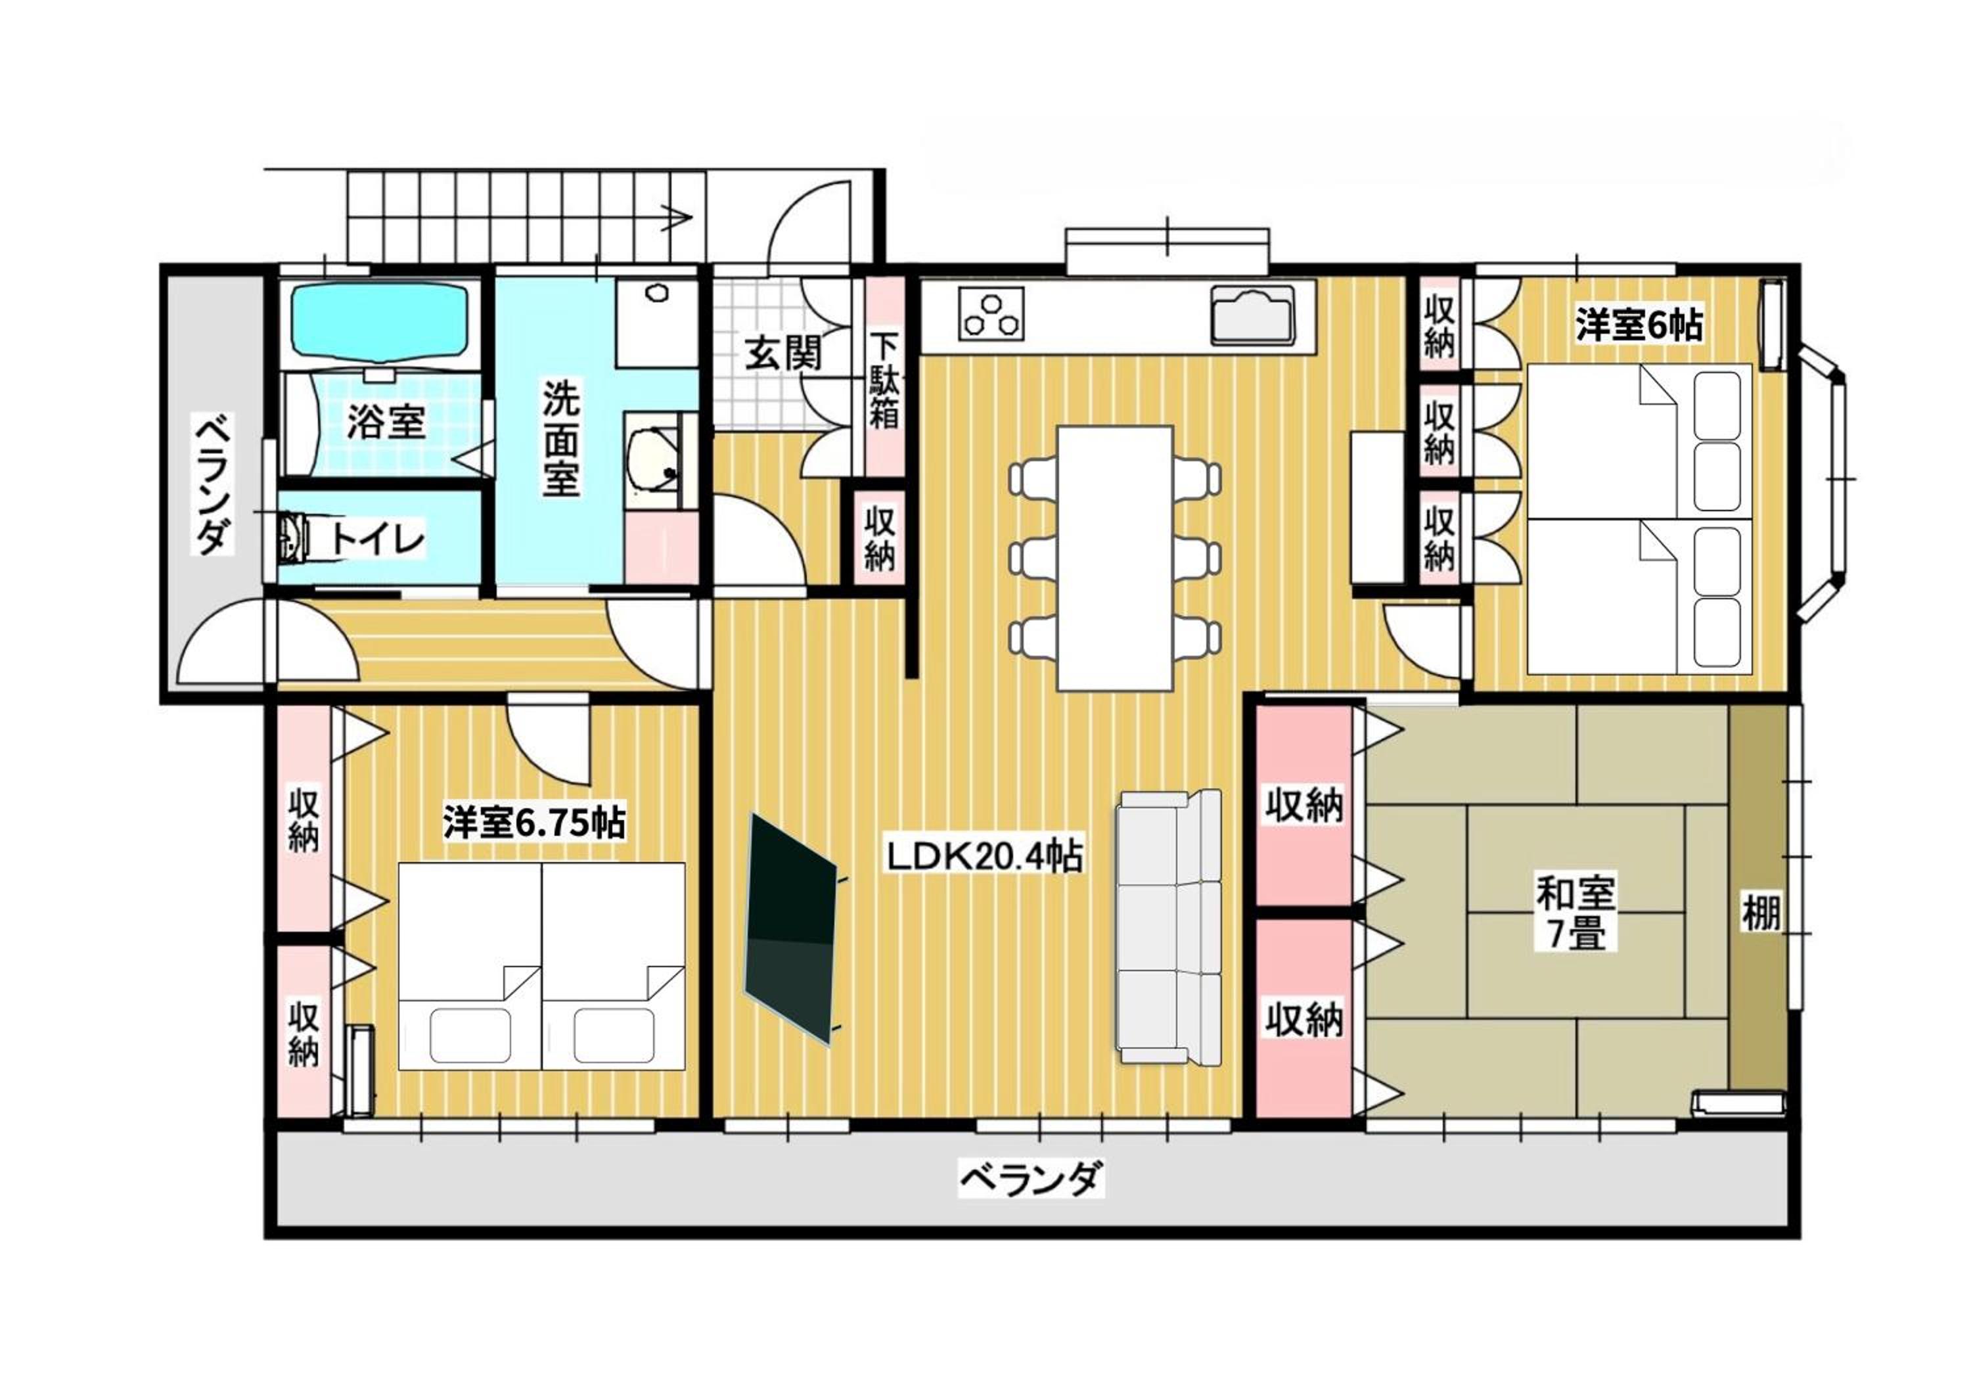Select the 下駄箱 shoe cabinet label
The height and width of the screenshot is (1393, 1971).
(884, 380)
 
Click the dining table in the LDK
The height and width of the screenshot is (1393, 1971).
(1115, 558)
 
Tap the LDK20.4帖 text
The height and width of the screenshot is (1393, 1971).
(985, 856)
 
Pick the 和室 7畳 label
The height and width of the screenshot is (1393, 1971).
(1575, 913)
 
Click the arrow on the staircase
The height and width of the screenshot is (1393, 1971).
(677, 218)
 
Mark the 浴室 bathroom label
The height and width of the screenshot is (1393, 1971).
(386, 422)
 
